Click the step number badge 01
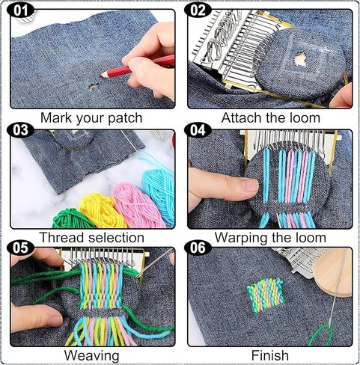(20, 10)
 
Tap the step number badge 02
(198, 10)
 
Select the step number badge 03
(20, 130)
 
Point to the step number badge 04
(198, 130)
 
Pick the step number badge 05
(20, 248)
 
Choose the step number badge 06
(198, 248)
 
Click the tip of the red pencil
(100, 76)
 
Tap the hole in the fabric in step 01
(93, 86)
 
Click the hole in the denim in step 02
(301, 60)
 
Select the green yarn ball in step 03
(72, 218)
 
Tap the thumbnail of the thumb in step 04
(250, 186)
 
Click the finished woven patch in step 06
(266, 295)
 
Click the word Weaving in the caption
(91, 355)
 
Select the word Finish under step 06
(270, 355)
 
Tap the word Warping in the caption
(241, 238)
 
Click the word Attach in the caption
(241, 117)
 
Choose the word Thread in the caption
(62, 237)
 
